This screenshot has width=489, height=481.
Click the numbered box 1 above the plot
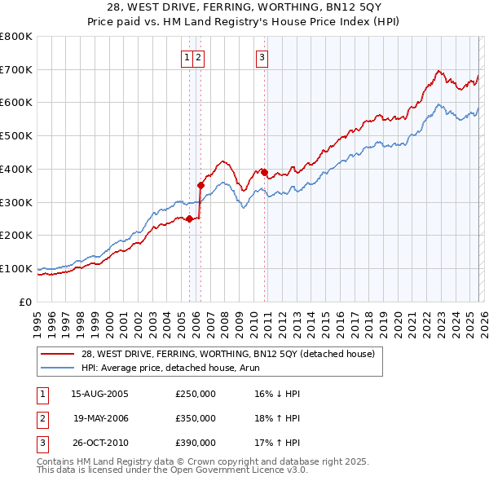187,57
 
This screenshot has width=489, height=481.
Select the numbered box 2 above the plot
199,57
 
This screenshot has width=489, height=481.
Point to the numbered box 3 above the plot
262,57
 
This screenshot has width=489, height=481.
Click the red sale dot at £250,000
189,218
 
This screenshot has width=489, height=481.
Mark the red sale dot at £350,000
200,185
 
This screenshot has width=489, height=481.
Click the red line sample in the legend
59,354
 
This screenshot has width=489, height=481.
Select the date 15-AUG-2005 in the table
99,394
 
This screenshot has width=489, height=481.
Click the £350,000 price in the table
196,418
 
